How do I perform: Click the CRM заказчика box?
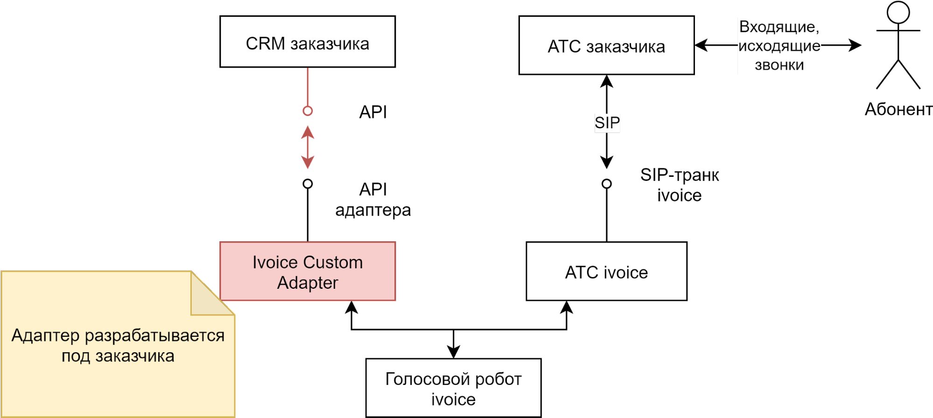coord(307,42)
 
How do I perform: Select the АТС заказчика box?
coord(606,46)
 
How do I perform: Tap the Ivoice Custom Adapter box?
coord(307,272)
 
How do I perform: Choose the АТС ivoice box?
coord(606,272)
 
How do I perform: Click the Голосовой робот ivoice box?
coord(453,388)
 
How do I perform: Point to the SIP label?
coord(607,123)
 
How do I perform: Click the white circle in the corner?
coord(898,13)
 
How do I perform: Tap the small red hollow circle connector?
coord(308,111)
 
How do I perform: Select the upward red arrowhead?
coord(308,132)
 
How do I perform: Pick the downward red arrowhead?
coord(308,162)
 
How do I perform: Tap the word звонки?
coord(779,65)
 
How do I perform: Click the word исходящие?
coord(779,46)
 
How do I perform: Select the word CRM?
coord(265,44)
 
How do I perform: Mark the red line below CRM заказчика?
coord(308,87)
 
